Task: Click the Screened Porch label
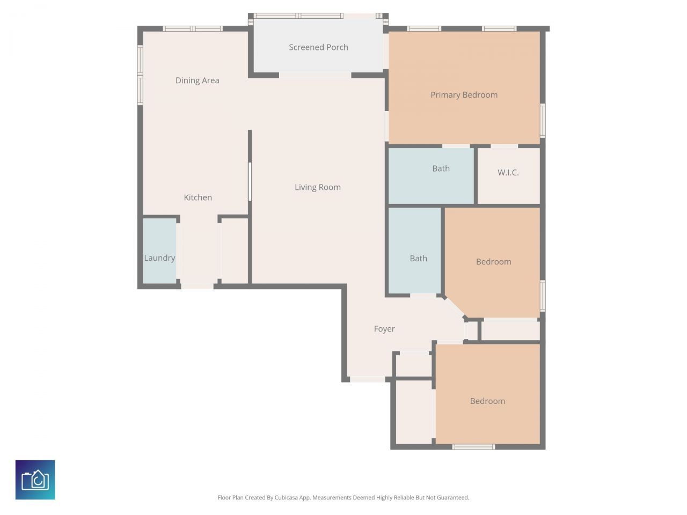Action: [318, 47]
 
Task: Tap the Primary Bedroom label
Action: [464, 95]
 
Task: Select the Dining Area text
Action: [197, 80]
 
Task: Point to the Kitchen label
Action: [198, 197]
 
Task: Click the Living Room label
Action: [317, 187]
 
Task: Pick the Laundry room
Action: [159, 251]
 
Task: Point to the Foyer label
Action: [384, 329]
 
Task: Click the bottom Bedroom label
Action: [487, 401]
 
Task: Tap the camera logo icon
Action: [35, 480]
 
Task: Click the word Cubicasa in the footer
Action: [287, 498]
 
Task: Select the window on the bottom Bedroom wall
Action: [473, 446]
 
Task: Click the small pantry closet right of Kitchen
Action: [235, 250]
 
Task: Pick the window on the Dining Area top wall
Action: [193, 28]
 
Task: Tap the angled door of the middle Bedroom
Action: [455, 307]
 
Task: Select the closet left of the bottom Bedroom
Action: [413, 412]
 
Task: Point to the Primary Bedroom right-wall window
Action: [543, 121]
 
